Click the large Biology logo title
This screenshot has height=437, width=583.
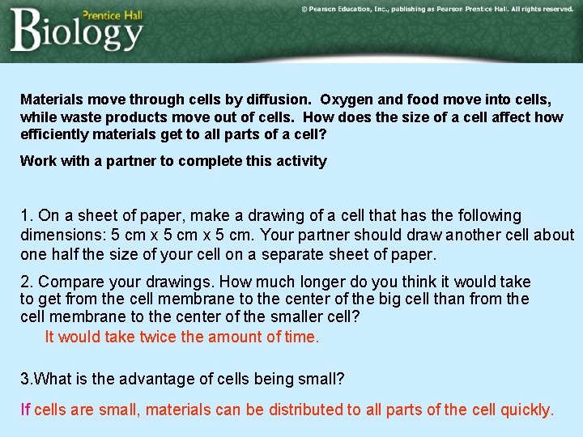click(x=77, y=32)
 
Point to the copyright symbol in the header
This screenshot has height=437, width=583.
click(x=304, y=9)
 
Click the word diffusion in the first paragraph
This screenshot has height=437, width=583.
click(x=279, y=100)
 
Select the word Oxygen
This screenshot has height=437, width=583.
click(x=346, y=100)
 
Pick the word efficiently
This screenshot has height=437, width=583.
click(x=54, y=134)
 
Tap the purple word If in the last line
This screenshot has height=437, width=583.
click(x=25, y=409)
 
